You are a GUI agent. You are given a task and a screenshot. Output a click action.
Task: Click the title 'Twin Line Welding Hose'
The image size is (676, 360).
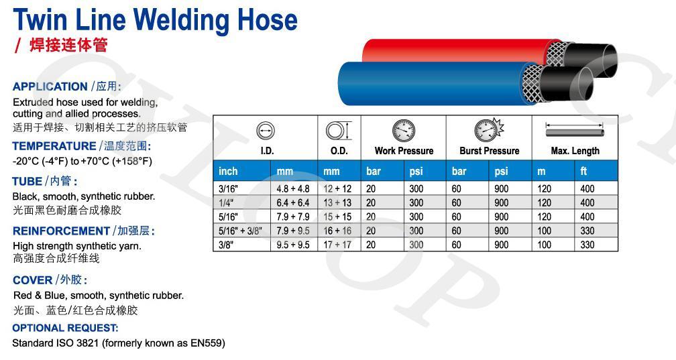click(155, 20)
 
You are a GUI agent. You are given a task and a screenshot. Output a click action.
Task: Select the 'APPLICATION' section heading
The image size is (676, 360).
click(50, 86)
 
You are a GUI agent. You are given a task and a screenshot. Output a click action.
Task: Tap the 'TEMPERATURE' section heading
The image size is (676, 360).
click(54, 146)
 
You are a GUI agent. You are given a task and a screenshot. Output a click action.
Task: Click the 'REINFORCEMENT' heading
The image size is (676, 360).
click(61, 231)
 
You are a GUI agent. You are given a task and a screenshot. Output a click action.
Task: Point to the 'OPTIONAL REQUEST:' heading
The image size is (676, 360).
click(65, 328)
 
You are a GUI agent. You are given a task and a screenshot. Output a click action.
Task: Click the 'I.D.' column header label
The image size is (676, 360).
click(268, 151)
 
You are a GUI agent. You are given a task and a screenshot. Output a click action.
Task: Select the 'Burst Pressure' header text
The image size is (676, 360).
click(490, 151)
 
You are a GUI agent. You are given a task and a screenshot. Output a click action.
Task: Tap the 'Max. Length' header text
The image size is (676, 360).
click(575, 151)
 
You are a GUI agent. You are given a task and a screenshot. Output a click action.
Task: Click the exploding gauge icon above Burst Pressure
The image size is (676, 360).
click(488, 130)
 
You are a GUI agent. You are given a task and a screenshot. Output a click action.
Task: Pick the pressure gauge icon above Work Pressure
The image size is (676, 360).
click(404, 130)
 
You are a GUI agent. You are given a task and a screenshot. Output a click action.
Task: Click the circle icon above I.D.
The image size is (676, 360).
click(266, 131)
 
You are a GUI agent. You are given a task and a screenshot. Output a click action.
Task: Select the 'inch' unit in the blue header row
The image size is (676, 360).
click(228, 171)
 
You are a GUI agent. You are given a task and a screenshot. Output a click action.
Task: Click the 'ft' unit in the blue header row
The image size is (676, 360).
click(583, 171)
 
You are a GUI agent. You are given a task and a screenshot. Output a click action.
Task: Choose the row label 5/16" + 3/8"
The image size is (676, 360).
click(240, 231)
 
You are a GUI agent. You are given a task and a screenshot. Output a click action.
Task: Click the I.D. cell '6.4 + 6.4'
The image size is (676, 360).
click(293, 203)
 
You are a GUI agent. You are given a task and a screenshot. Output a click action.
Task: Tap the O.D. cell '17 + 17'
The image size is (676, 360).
click(337, 245)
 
